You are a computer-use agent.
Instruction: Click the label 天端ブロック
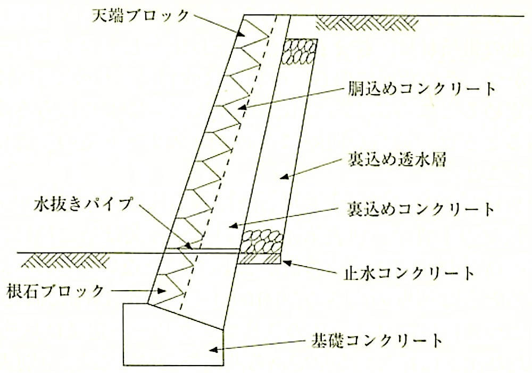click(x=140, y=16)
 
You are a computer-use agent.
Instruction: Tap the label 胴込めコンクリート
click(x=422, y=89)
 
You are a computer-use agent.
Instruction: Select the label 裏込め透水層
click(x=396, y=159)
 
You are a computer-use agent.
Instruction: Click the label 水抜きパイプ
click(x=82, y=205)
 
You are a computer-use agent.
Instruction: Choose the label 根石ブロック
click(x=55, y=291)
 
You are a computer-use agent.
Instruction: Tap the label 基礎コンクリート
click(x=377, y=340)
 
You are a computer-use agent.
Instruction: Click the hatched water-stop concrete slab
click(x=259, y=259)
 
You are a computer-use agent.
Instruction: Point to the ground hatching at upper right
click(x=367, y=23)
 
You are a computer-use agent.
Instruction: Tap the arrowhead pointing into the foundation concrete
click(x=213, y=349)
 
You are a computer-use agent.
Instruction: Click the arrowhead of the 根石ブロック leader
click(x=161, y=291)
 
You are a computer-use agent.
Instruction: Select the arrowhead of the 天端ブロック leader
click(x=240, y=33)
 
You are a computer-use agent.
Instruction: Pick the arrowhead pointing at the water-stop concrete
click(x=287, y=262)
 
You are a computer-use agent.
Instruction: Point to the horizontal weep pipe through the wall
click(x=202, y=249)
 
